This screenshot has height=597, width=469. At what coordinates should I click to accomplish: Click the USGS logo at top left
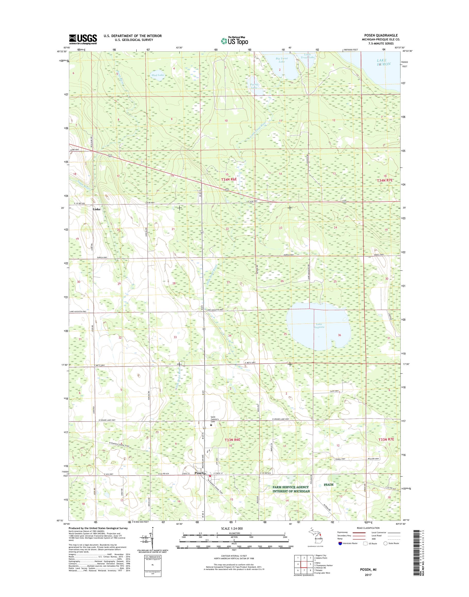click(83, 39)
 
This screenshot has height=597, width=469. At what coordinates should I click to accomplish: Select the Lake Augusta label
click(319, 326)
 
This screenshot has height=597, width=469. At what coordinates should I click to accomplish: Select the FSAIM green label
click(328, 485)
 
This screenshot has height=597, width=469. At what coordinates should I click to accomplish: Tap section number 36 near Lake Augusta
click(340, 335)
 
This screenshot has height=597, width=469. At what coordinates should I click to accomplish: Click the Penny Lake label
click(254, 86)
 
